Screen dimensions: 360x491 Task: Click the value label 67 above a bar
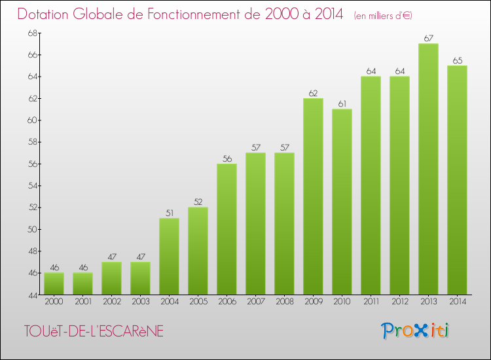428,39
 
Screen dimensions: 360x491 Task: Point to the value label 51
169,213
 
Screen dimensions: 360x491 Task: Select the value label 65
457,60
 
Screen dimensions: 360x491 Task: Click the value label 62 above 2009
313,93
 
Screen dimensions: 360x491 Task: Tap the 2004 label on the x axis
169,301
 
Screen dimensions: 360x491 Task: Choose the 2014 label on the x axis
457,301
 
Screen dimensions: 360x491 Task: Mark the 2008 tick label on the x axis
284,301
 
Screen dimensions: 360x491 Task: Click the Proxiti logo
416,331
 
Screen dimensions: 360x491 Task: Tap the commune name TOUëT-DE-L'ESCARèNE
92,332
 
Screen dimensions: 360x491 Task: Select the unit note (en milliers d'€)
383,15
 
